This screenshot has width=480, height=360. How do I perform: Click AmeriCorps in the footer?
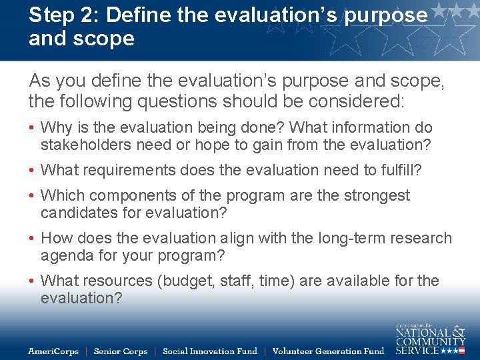click(x=53, y=351)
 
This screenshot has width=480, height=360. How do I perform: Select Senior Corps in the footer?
click(x=121, y=351)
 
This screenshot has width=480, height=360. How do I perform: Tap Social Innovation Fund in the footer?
click(x=209, y=351)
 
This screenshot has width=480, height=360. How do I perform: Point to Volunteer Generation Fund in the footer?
click(x=329, y=351)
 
